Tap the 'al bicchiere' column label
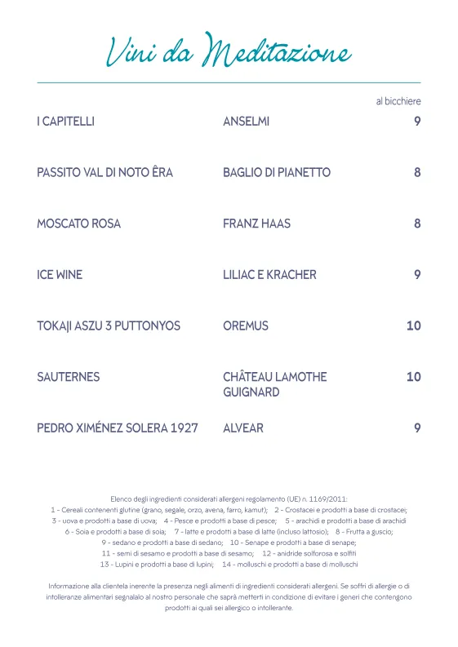tap(398, 101)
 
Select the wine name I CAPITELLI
tap(65, 122)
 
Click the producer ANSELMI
tap(246, 122)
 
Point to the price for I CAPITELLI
tap(416, 122)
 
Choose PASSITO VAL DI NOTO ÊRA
tap(104, 173)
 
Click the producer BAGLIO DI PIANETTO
tap(276, 173)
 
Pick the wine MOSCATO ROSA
tap(78, 224)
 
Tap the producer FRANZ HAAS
tap(256, 224)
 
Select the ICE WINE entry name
tap(60, 275)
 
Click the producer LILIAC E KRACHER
tap(269, 275)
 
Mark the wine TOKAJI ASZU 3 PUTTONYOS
tap(109, 326)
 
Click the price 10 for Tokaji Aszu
tap(413, 326)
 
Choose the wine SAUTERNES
tap(69, 377)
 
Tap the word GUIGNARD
tap(251, 392)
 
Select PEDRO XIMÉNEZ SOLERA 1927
tap(118, 428)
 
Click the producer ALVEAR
tap(243, 428)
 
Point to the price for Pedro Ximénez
tap(416, 428)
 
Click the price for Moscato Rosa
tap(416, 224)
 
